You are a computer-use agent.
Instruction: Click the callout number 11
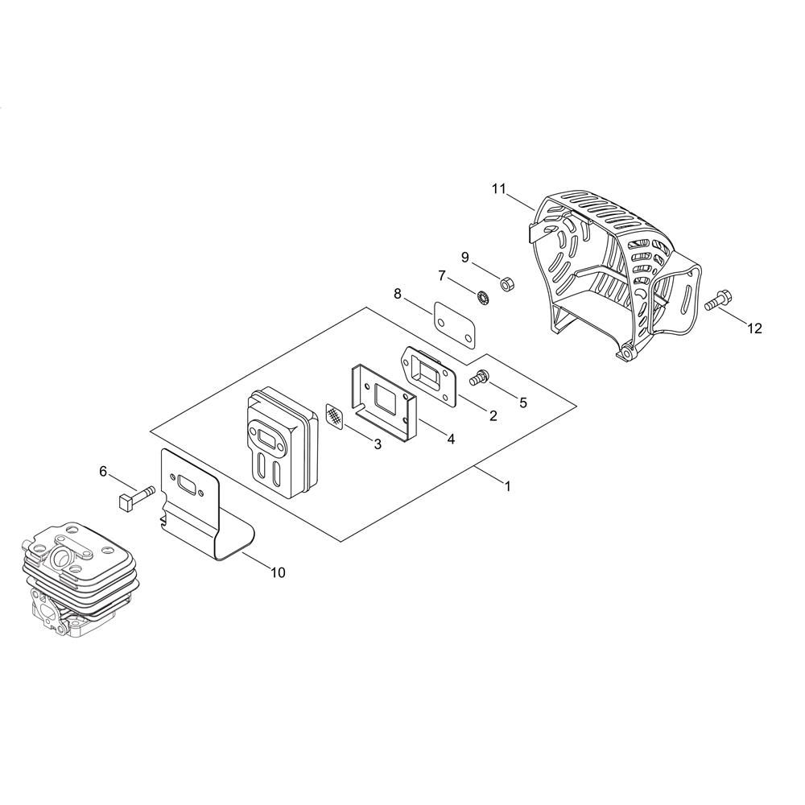point(498,189)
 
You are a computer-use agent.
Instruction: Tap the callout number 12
point(755,328)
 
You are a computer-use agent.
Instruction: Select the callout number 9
point(465,258)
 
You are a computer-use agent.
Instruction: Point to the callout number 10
point(278,572)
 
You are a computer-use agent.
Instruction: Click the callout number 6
point(103,471)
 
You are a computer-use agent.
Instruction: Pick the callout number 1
point(508,485)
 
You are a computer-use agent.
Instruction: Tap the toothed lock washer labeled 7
point(482,298)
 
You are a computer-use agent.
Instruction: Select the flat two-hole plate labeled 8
point(454,325)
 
